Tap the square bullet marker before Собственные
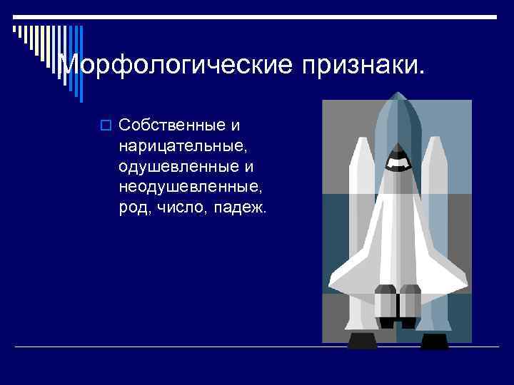[106, 127]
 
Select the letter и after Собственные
[235, 126]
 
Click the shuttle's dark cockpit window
[398, 160]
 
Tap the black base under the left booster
[362, 340]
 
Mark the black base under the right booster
[434, 340]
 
